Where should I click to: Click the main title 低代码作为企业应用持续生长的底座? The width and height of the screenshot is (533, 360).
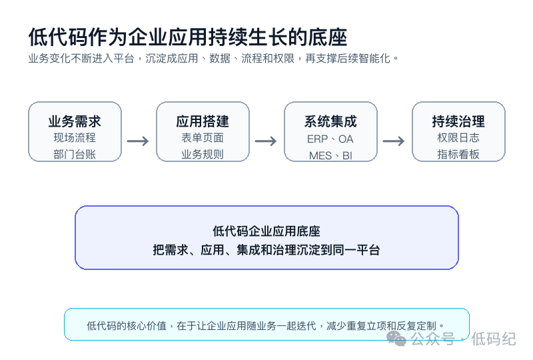pos(188,37)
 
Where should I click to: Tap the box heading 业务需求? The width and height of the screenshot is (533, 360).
pos(75,121)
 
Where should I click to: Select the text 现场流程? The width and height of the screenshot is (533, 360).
pos(75,138)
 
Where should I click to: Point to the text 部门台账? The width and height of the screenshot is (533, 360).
pos(75,155)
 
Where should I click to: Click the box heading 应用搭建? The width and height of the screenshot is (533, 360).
pos(203,121)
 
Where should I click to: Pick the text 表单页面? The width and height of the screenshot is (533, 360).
pos(203,138)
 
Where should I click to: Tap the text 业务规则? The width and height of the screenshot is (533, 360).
pos(203,155)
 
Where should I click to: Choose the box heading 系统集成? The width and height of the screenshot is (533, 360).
pos(330,121)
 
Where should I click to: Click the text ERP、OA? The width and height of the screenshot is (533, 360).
pos(330,139)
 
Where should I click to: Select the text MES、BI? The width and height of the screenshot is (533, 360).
pos(330,155)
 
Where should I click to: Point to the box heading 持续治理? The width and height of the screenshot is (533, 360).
pos(458,121)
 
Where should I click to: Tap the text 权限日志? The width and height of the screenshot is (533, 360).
pos(458,138)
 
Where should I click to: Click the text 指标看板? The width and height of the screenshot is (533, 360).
pos(458,155)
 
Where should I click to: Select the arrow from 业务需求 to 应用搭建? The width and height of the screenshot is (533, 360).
pos(138,141)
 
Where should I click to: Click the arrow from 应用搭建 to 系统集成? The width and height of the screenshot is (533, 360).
pos(266,141)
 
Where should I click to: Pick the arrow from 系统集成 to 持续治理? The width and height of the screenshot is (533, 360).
pos(394,141)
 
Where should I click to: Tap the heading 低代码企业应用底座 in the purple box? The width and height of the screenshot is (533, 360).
pos(266,231)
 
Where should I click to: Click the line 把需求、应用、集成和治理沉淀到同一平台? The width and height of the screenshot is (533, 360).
pos(266,250)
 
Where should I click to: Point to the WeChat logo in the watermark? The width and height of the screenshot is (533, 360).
pos(396,339)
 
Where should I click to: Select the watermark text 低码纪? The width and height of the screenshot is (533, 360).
pos(494,339)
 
